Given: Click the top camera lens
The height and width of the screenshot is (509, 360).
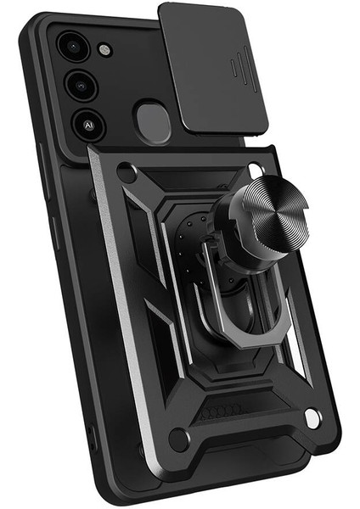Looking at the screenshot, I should (72, 44).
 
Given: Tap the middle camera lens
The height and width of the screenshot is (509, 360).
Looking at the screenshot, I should (82, 84).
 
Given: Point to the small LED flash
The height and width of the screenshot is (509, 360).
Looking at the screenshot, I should (104, 50).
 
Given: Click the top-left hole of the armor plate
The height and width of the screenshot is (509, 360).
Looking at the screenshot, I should (127, 174).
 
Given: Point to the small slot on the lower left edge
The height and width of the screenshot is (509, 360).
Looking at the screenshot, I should (93, 441).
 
